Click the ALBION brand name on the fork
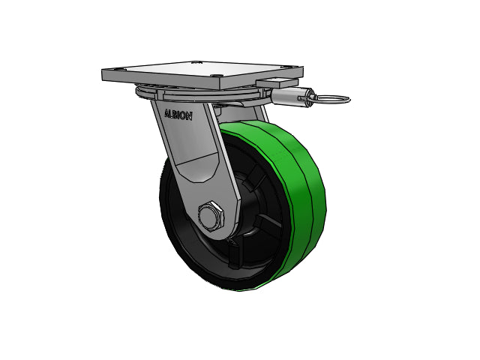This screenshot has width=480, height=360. pyautogui.click(x=178, y=114)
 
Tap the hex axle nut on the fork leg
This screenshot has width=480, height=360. pyautogui.click(x=211, y=216)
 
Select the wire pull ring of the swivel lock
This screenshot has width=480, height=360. pyautogui.click(x=333, y=99)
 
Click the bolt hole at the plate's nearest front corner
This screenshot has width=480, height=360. pyautogui.click(x=217, y=75)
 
